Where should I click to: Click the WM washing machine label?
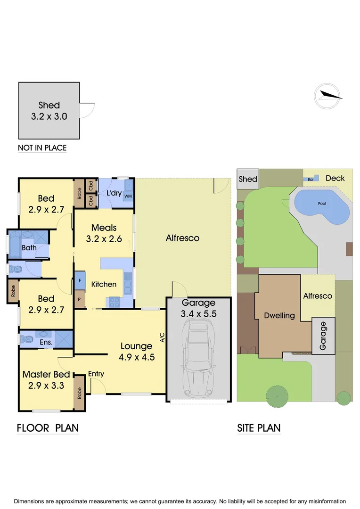click(128, 196)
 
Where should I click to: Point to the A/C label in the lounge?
click(162, 337)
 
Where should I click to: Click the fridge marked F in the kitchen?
click(80, 280)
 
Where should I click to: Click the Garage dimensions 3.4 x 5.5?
click(198, 313)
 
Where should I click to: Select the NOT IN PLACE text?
click(42, 148)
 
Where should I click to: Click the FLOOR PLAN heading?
click(48, 428)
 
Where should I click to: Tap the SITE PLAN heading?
click(259, 428)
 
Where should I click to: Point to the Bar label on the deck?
click(311, 180)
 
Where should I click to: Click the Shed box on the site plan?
click(248, 179)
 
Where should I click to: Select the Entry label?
click(96, 374)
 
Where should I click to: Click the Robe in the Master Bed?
click(80, 393)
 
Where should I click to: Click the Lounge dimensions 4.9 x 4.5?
click(137, 357)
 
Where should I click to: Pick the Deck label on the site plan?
click(335, 178)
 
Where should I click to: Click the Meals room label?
click(104, 228)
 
